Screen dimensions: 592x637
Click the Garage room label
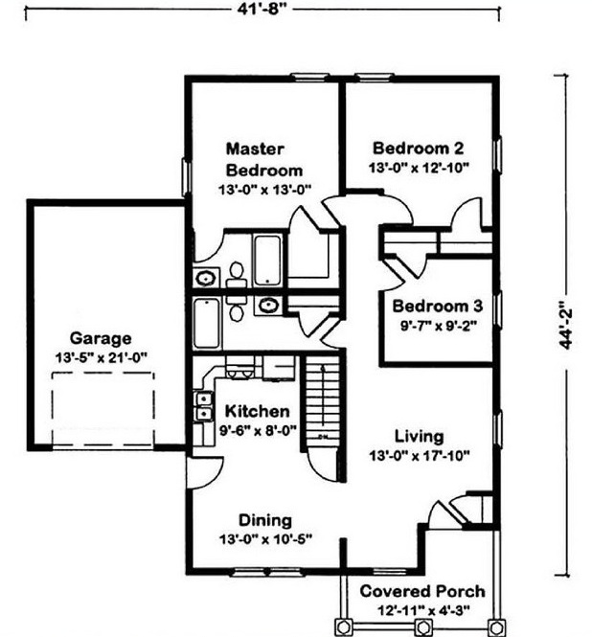[101, 338]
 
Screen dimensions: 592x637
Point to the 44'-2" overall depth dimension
[565, 325]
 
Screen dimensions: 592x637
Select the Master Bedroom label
[264, 160]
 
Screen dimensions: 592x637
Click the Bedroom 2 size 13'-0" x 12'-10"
[419, 168]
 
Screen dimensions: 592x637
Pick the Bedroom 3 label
[437, 306]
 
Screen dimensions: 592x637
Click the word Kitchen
[257, 411]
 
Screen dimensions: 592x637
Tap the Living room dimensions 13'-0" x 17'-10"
[420, 456]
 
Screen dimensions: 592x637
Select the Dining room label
[265, 520]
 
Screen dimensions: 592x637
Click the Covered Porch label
[422, 591]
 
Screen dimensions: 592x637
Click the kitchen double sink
[204, 406]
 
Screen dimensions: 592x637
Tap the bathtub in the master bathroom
[267, 261]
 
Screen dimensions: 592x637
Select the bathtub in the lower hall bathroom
[207, 323]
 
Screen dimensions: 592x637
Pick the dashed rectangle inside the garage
[102, 409]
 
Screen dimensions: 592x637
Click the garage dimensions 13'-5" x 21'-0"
[101, 357]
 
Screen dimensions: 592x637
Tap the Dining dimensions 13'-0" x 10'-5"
[265, 539]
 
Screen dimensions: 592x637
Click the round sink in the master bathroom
[205, 279]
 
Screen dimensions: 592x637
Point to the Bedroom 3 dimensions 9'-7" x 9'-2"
[439, 326]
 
